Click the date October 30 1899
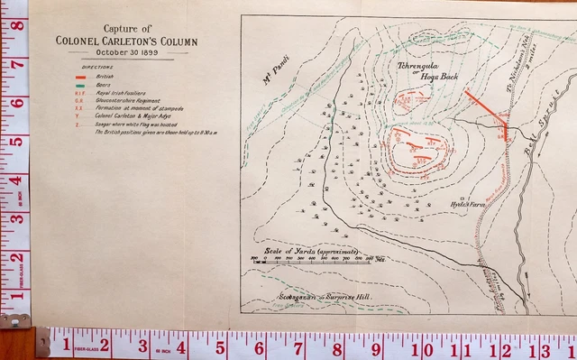tap(125, 52)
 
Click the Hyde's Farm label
tap(466, 206)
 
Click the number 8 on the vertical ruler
tap(16, 25)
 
